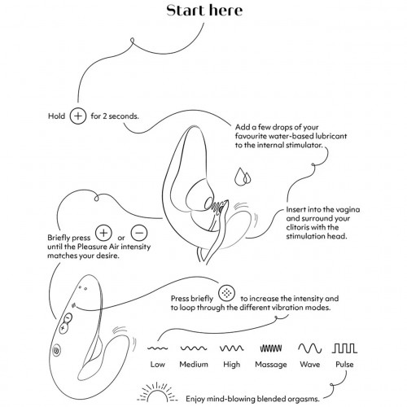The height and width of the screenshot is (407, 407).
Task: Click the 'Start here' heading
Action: point(204,11)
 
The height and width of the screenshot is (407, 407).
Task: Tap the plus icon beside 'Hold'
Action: point(78,116)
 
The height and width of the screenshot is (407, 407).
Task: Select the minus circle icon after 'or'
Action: point(139,233)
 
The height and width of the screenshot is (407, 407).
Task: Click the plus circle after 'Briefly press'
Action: point(103,233)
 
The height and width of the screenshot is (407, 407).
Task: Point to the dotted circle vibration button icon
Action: point(226,293)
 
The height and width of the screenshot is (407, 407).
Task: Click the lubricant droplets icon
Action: point(243,177)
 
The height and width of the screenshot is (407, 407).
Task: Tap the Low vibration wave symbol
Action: point(157,348)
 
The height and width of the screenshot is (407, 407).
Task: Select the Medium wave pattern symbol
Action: point(194,348)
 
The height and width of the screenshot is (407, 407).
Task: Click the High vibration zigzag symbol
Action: point(231,348)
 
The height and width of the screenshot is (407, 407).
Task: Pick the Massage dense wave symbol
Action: point(271,348)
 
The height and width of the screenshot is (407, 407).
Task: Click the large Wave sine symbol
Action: point(310,348)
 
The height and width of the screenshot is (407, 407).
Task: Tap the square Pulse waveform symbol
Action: point(344,348)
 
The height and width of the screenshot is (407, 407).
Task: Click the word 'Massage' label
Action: point(271,365)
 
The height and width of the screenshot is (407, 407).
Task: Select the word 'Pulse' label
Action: point(344,364)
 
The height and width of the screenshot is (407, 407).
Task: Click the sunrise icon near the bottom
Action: point(156,392)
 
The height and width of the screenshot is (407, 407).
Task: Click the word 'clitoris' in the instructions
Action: point(296,227)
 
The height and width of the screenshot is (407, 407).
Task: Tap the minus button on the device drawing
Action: point(68,317)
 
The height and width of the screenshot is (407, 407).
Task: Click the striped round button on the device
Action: point(57,350)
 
